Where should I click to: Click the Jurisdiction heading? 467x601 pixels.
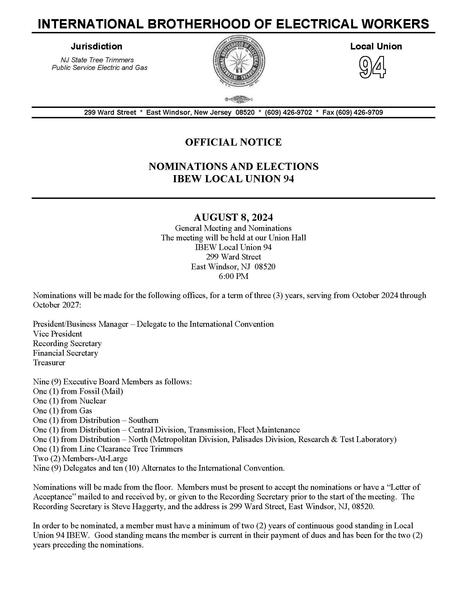click(96, 46)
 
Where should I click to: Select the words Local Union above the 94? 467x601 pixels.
click(376, 46)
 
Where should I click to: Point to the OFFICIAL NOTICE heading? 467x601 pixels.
click(233, 142)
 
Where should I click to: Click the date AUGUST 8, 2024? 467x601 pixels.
click(233, 217)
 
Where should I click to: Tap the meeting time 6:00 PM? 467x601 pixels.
click(233, 276)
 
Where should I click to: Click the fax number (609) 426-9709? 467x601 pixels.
click(359, 112)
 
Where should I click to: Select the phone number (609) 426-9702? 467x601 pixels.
click(288, 112)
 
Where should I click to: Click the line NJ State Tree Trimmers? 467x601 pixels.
click(97, 60)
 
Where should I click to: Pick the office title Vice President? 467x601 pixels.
click(57, 334)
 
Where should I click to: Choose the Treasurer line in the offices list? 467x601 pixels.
click(49, 363)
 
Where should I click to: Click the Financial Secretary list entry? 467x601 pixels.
click(66, 353)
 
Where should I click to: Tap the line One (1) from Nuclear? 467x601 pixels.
click(69, 401)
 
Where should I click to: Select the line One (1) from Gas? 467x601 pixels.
click(63, 411)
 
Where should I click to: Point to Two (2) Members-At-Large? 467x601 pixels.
click(80, 458)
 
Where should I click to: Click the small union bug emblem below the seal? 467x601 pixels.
click(239, 99)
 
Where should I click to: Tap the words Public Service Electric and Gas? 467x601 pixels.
click(99, 68)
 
